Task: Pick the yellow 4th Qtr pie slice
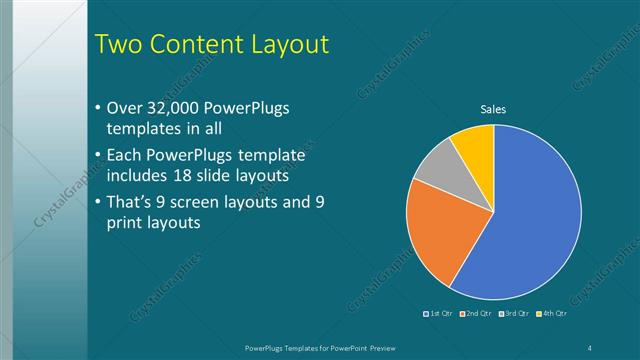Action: tap(474, 143)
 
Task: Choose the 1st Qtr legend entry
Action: tap(439, 314)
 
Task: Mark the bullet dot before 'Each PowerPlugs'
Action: tap(97, 156)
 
